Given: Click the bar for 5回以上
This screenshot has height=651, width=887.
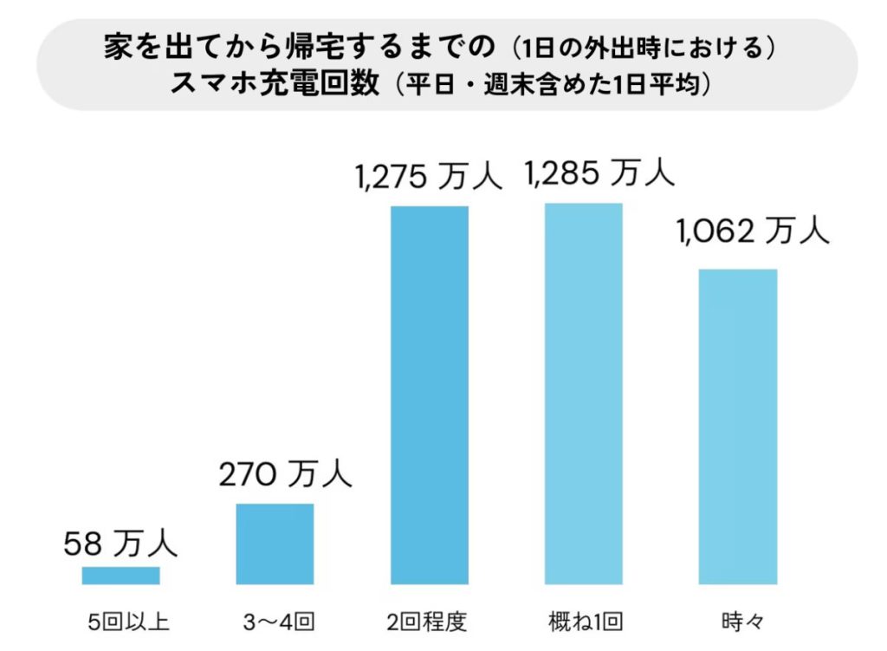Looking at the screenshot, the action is [x=120, y=575].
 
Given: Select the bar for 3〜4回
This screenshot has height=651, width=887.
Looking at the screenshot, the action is [x=275, y=544].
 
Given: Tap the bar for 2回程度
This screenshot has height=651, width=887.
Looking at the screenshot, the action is [x=430, y=395].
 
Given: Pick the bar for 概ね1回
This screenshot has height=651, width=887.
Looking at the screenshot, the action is [x=584, y=394].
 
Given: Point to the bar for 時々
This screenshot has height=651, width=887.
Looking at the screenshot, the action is [x=738, y=426].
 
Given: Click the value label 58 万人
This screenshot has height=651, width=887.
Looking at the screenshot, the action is [x=120, y=543].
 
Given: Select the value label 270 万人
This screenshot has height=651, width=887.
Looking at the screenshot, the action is [x=286, y=473].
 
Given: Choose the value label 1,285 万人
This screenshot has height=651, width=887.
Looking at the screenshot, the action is [x=599, y=173].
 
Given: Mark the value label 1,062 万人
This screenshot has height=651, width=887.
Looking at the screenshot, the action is [x=753, y=231].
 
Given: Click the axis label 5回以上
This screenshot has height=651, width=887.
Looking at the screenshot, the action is [x=129, y=622].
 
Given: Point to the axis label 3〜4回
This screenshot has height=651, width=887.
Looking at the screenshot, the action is [x=279, y=622].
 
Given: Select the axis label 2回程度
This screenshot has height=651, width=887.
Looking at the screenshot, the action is [x=427, y=622].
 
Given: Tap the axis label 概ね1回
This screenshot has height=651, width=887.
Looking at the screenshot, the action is [x=586, y=622].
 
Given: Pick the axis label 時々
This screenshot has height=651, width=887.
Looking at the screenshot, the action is [x=742, y=622].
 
